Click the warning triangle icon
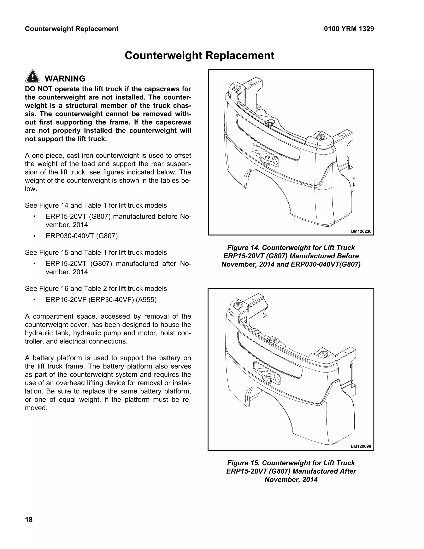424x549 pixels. (x=33, y=76)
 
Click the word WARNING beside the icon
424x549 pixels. (x=65, y=79)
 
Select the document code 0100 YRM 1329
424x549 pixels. (x=349, y=29)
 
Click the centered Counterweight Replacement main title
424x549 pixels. (x=199, y=56)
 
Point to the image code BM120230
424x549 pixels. (x=361, y=231)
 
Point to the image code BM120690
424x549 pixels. (x=361, y=446)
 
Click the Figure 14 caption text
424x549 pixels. (x=291, y=256)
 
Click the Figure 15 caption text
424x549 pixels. (x=291, y=471)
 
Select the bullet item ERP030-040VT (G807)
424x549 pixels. (x=82, y=236)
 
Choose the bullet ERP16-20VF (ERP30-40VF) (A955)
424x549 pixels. (x=101, y=300)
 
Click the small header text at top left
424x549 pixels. (x=72, y=29)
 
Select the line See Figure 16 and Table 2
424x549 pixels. (x=96, y=289)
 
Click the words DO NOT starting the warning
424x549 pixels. (x=38, y=89)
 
